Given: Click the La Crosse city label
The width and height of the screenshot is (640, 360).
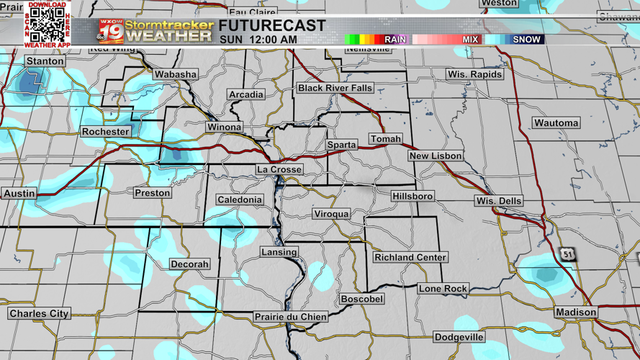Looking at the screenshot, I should [279, 169].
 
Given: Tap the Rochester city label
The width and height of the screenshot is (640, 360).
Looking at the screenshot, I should [105, 132].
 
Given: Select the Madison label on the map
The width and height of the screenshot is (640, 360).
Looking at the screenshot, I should [575, 312].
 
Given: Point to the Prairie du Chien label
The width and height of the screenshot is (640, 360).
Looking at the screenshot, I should [291, 317].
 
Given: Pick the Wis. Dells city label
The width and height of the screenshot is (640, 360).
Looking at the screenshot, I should [499, 201].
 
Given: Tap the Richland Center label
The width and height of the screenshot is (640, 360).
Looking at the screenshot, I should [410, 257].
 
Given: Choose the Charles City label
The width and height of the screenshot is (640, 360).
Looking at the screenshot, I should [39, 314].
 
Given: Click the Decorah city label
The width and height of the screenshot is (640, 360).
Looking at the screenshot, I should [189, 264].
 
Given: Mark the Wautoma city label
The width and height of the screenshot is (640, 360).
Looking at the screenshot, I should [556, 123].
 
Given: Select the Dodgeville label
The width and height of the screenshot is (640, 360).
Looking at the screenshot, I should [459, 337].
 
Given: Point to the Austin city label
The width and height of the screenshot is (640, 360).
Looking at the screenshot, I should [19, 194].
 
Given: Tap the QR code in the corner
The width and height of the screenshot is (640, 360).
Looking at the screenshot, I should [48, 24].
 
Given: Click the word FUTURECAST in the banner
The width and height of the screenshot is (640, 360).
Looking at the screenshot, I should [272, 26].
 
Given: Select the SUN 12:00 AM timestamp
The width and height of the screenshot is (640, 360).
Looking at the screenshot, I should [258, 40].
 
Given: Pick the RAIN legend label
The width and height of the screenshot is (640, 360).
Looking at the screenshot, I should [395, 40].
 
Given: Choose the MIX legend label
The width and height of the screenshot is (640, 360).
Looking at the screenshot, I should [470, 40].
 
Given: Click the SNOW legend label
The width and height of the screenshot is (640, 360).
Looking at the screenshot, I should [526, 40].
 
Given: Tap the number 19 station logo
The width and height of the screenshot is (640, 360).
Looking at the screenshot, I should [110, 32].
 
